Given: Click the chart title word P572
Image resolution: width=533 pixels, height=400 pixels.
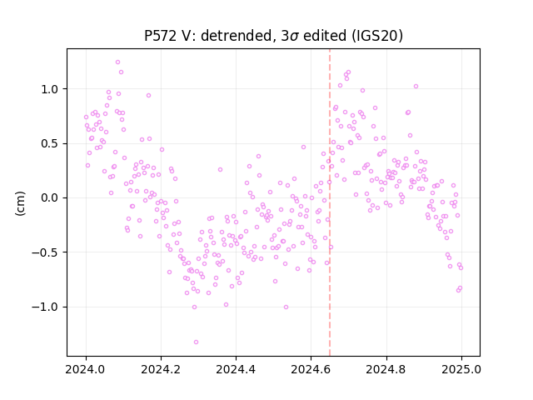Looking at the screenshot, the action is click(158, 36).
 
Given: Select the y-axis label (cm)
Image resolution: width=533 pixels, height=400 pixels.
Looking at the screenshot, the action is click(20, 203).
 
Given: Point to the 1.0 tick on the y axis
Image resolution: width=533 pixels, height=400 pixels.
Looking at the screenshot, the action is click(50, 89).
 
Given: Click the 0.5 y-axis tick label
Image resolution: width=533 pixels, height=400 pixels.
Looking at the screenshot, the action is click(50, 143).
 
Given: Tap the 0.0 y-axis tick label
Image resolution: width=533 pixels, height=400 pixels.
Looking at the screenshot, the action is click(50, 198).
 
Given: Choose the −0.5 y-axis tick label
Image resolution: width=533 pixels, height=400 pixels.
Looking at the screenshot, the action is click(45, 252).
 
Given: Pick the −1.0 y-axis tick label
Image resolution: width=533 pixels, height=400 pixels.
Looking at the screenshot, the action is click(45, 307).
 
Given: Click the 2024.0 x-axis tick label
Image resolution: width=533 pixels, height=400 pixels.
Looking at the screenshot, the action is click(86, 369).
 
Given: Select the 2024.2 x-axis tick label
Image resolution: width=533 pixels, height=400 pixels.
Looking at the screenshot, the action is click(161, 369).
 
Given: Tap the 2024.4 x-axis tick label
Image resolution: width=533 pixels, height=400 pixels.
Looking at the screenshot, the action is click(236, 369).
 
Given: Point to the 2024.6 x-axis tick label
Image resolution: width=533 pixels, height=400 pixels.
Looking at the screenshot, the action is click(311, 369).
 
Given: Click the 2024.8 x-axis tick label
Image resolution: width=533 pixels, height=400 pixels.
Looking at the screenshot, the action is click(386, 369).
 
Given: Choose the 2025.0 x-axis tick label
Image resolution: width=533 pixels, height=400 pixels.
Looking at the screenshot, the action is click(461, 369).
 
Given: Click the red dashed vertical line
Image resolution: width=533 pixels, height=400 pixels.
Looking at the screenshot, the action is click(330, 202).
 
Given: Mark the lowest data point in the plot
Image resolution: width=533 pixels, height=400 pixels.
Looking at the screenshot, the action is click(196, 342).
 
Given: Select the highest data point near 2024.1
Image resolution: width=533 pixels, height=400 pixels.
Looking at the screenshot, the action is click(117, 62).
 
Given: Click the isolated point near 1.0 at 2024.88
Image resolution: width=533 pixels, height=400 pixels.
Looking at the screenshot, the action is click(416, 86).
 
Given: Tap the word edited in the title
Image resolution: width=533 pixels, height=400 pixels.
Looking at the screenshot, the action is click(322, 36).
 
